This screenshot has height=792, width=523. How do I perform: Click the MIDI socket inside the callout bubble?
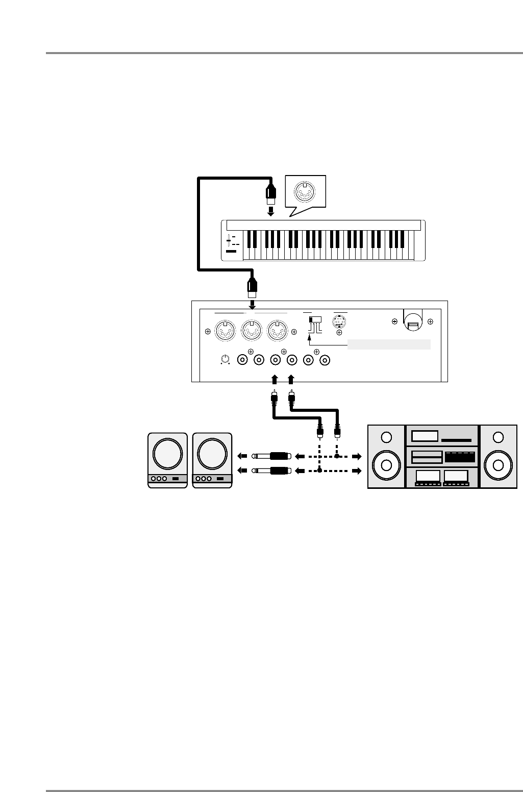point(304,192)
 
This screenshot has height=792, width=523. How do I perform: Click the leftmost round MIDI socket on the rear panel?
point(223,331)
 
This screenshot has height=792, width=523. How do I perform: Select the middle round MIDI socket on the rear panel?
point(251,331)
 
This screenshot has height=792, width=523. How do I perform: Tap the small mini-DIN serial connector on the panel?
point(339,323)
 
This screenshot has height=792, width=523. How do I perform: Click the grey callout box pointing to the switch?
point(390,344)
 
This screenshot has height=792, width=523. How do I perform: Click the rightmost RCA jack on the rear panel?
point(324,360)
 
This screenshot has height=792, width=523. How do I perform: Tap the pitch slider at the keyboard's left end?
point(230,240)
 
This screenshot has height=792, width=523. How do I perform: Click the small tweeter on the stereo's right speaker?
point(499,437)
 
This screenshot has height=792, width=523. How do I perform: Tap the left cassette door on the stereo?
point(428,477)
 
